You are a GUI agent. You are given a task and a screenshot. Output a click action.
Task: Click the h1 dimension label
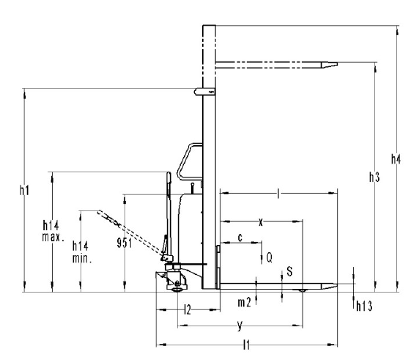(24, 191)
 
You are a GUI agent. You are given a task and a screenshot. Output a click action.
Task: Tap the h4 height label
(396, 159)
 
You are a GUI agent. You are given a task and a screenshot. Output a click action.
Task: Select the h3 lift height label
(374, 177)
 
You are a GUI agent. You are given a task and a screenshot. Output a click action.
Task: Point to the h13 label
(364, 306)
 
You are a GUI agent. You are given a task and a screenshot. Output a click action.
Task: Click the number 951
(125, 243)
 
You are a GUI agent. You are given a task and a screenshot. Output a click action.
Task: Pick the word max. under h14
(53, 237)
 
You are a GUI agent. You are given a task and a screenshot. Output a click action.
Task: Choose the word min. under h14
(82, 258)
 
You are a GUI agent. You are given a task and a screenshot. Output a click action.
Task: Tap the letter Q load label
(270, 257)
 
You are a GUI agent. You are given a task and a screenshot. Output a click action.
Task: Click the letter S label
(289, 271)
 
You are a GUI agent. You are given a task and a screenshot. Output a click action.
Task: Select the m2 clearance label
(244, 302)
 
